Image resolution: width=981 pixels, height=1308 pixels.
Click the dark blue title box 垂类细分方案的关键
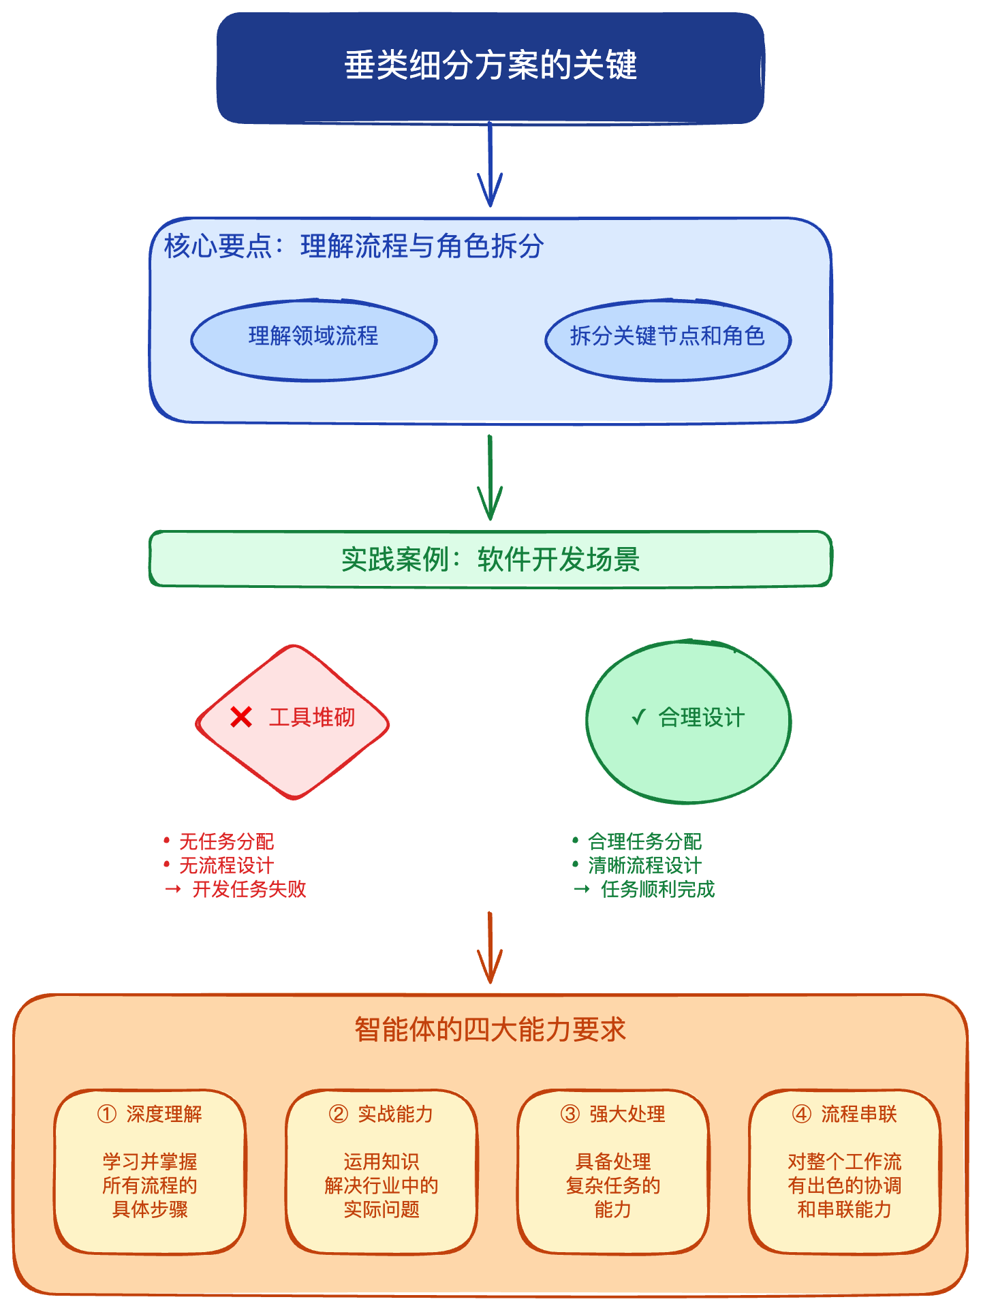pos(490,67)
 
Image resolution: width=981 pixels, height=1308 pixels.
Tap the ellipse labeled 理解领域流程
pos(313,339)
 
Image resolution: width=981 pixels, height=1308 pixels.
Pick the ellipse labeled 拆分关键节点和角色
pos(668,339)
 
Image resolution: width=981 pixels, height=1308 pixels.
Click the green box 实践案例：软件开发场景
pos(490,559)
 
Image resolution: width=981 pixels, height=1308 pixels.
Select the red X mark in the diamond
pos(241,717)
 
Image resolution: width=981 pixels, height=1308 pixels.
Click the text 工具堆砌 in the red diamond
pos(312,717)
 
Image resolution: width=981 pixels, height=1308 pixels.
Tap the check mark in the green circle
pos(638,717)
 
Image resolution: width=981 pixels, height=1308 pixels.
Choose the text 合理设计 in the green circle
pos(702,717)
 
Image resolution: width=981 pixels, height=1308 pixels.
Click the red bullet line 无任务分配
pos(226,841)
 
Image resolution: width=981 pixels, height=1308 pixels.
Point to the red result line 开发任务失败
pos(249,889)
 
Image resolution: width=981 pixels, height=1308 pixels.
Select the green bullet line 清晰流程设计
pos(644,865)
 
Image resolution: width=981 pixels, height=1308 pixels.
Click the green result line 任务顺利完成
pos(657,889)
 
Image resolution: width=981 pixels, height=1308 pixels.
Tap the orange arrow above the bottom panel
pos(490,950)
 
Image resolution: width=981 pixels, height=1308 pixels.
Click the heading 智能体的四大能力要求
pos(490,1029)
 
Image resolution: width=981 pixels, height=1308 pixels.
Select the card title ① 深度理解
pos(150,1115)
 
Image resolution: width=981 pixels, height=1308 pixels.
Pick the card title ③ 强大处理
pos(613,1115)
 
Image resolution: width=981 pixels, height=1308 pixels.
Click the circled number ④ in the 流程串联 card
pos(802,1115)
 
